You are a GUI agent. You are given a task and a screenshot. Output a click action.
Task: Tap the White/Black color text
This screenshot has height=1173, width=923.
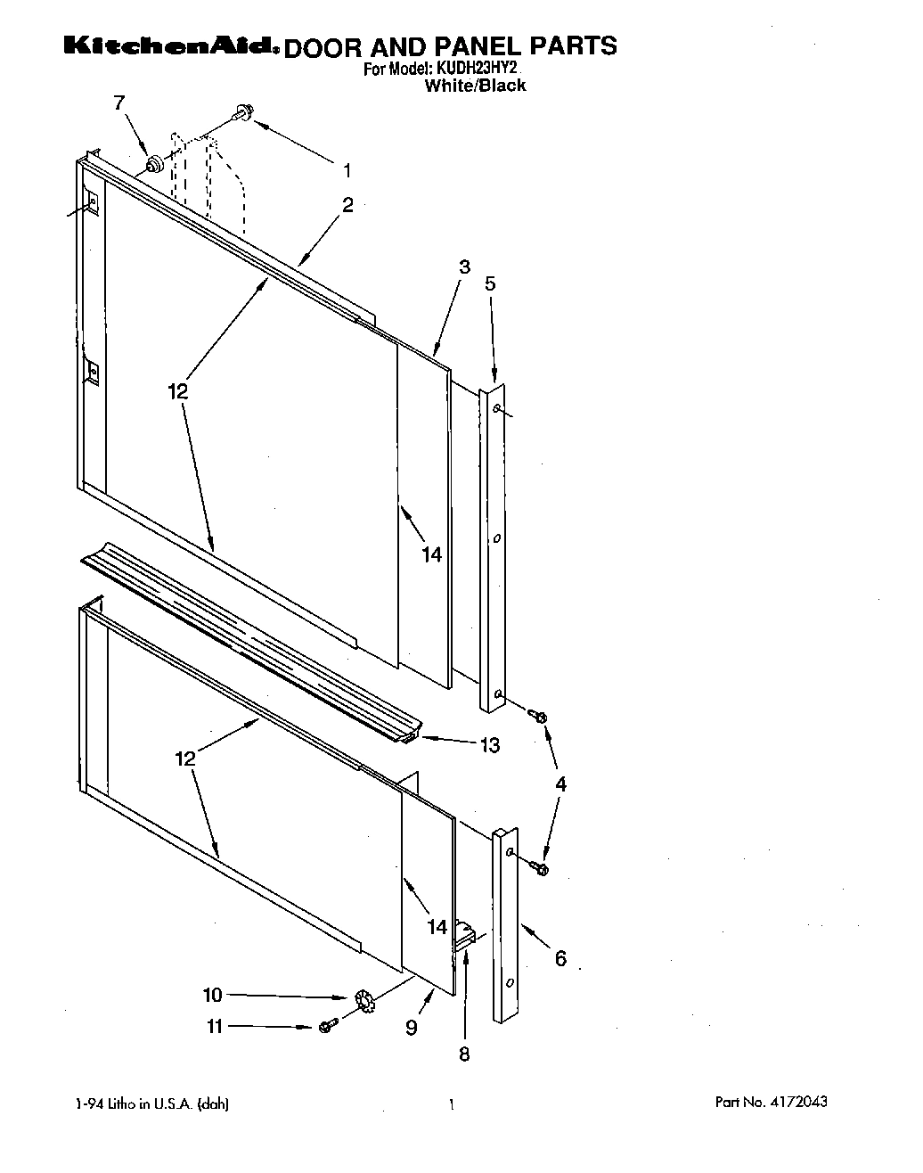475,86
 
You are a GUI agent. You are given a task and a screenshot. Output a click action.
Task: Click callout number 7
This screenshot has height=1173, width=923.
119,103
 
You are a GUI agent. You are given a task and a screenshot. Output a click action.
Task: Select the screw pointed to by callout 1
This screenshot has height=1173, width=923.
241,112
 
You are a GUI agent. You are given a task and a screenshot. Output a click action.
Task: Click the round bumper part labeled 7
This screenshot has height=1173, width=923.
155,164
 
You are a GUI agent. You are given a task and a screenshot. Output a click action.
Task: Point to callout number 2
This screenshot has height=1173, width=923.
347,205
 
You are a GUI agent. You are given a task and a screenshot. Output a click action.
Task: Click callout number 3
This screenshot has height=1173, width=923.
465,266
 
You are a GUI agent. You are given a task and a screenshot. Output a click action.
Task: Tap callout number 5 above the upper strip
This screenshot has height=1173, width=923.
490,283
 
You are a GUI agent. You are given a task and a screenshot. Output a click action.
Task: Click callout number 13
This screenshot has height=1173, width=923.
490,745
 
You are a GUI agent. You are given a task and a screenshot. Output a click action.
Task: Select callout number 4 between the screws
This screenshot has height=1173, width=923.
560,784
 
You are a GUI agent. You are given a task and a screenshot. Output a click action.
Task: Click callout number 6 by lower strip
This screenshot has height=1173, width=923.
560,959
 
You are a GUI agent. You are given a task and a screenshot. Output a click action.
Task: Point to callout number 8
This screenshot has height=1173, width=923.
464,1054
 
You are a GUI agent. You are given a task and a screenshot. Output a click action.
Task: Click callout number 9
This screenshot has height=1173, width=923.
412,1028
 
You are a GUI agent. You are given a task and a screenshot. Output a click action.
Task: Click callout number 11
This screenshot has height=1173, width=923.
214,1026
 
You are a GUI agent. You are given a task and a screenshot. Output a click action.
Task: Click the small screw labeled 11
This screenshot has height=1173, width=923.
328,1027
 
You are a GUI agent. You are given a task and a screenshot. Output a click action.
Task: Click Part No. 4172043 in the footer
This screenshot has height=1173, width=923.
771,1102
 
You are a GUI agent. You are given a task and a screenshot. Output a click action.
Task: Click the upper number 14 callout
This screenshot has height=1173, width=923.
431,554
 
